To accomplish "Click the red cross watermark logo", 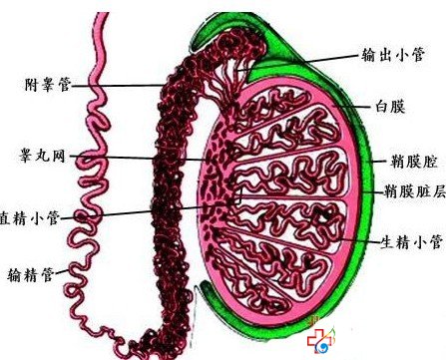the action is point(317,342).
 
